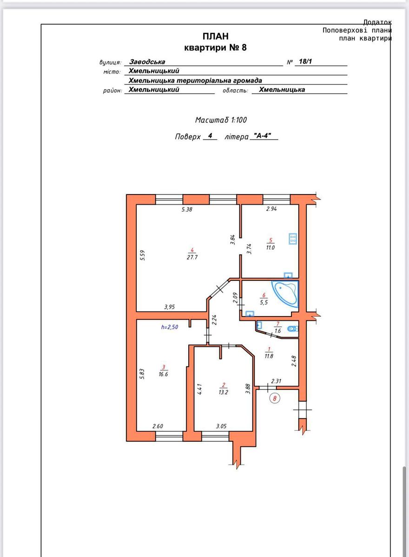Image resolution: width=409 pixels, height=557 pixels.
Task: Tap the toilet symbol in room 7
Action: point(292,329)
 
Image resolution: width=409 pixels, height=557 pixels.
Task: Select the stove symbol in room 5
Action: point(293,239)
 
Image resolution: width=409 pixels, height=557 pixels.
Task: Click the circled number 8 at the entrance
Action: point(275,398)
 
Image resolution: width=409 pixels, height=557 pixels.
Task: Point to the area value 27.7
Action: point(192,257)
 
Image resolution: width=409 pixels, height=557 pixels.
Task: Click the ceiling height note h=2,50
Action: point(170,327)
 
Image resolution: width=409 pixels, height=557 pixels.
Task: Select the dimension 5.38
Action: point(187,209)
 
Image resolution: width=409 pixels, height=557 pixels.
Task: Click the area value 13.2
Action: point(223,392)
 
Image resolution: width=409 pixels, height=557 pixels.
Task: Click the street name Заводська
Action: point(147,61)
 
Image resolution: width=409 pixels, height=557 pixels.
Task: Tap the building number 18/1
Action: point(305,61)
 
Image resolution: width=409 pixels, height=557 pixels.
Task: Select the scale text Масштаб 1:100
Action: point(221,120)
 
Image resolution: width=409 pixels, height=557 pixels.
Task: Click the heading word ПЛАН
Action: point(216,36)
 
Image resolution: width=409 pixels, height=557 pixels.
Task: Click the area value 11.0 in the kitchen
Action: point(270,247)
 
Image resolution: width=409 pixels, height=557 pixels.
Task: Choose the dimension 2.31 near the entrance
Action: point(276,381)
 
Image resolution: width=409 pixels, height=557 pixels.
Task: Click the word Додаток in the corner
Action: point(377,22)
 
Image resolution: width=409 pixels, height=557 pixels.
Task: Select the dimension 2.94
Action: point(271,208)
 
